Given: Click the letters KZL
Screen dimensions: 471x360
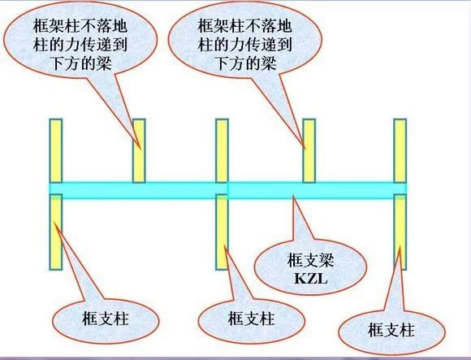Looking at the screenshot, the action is pos(310,280).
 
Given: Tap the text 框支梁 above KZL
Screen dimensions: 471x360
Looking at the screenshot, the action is pos(310,260).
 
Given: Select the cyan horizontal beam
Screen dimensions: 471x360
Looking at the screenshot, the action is pos(228,190).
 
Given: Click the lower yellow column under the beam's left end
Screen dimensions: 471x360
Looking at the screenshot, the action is pos(56,232).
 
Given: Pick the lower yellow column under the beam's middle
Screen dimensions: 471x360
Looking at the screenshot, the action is pos(222,232).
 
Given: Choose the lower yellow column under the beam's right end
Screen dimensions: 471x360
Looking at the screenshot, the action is pos(400,232).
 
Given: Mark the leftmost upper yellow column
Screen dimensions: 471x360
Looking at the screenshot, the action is pos(56,150).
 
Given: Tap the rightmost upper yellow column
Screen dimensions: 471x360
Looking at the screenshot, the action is pos(400,150).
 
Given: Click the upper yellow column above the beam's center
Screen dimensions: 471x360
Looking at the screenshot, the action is pos(222,150).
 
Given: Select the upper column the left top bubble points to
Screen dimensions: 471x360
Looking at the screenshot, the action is pos(139,150).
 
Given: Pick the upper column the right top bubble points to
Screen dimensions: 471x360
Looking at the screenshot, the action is pos(309,150).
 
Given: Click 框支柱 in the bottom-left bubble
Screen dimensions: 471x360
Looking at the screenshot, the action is pos(105,319).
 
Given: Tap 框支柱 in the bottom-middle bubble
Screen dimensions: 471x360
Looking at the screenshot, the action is pos(251,319).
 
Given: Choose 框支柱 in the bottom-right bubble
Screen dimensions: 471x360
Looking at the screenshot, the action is pos(391,330).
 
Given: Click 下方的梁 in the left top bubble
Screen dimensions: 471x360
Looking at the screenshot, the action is pos(82,63).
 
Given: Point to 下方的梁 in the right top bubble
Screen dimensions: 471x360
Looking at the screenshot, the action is pos(246,63).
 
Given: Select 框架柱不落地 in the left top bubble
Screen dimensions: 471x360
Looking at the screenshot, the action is pos(80,26).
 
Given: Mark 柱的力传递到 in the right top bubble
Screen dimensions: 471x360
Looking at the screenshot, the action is pos(244,45).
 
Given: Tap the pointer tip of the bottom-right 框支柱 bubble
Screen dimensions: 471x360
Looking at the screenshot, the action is pos(400,246).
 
